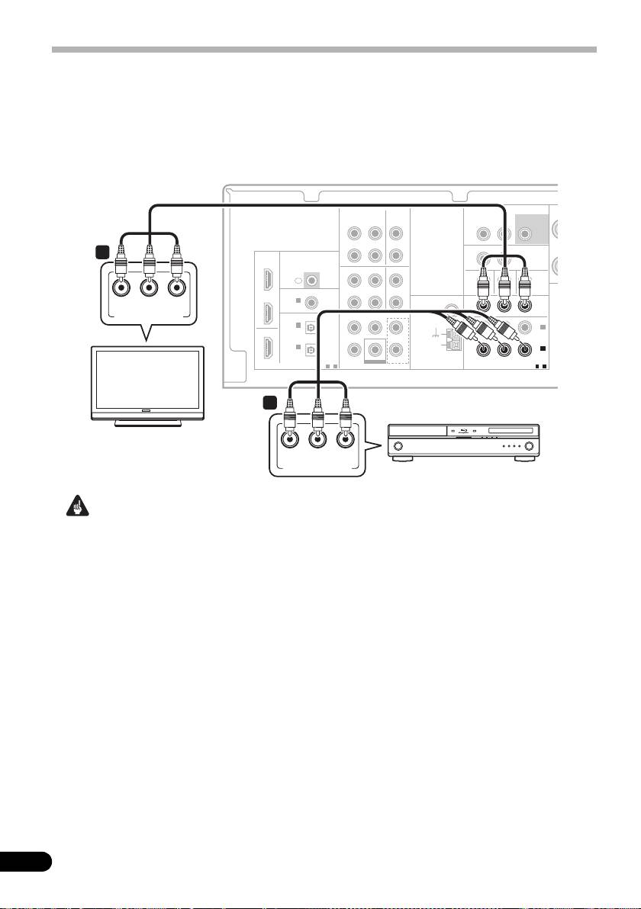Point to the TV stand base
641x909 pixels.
click(147, 423)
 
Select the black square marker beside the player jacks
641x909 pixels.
click(268, 400)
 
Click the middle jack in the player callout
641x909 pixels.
click(318, 441)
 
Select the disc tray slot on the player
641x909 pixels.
click(510, 433)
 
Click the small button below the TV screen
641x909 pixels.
click(147, 412)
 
